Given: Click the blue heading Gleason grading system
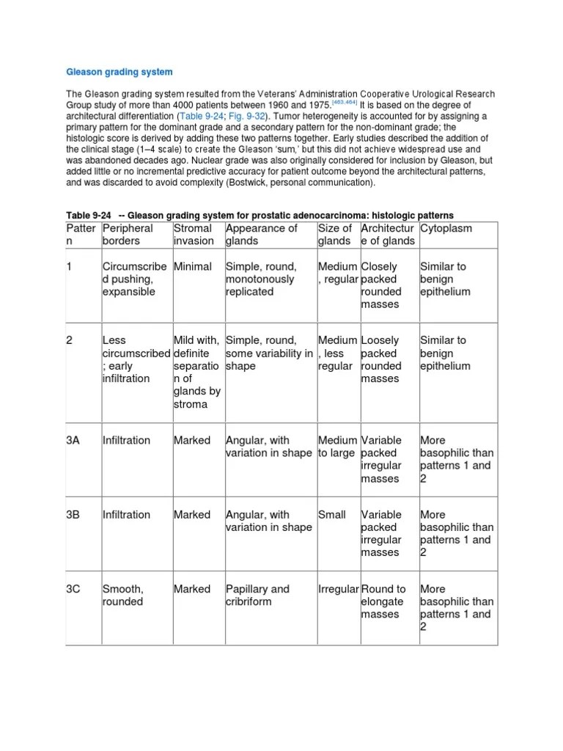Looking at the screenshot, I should [119, 72].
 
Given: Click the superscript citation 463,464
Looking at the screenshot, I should [347, 103].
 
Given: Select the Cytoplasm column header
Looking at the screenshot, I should [446, 228].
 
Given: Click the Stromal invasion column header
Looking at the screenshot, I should [194, 235].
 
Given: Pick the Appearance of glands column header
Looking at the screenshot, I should [262, 235].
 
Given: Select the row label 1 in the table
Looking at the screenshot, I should [70, 267].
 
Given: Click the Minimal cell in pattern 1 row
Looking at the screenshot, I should [192, 267].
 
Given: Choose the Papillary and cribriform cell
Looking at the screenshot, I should [257, 596].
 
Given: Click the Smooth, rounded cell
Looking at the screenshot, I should [123, 596].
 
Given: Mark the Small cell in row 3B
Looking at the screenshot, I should [331, 515].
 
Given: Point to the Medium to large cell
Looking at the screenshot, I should [337, 447].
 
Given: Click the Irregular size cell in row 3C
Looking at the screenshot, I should [338, 589].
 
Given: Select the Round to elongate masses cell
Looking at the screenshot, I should [383, 601].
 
